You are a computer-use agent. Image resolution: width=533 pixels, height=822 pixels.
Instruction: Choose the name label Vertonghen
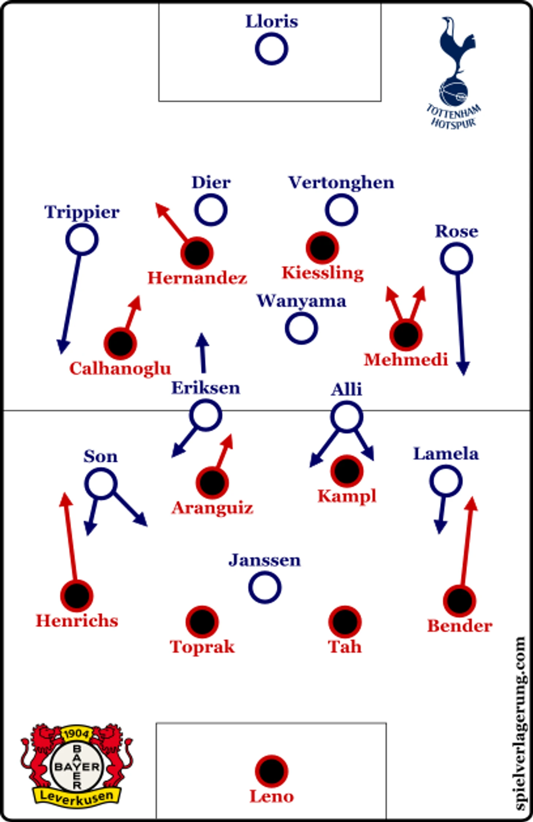tap(341, 182)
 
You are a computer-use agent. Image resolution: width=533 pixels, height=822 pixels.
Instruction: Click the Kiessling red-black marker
tap(322, 248)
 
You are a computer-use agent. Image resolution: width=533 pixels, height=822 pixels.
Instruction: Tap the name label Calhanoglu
tap(120, 368)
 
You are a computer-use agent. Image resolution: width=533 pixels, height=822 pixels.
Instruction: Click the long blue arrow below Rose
tap(461, 325)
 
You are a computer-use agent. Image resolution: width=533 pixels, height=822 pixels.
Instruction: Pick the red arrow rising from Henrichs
tap(70, 536)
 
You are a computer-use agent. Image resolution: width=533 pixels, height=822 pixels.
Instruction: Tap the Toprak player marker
tap(202, 622)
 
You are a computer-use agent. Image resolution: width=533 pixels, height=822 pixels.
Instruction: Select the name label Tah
tap(345, 647)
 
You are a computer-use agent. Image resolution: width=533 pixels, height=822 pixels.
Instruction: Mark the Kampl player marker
tap(346, 471)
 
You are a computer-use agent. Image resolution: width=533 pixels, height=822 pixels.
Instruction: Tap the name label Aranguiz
tap(212, 508)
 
